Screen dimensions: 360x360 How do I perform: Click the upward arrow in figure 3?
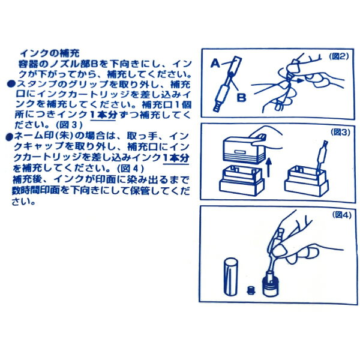(269, 166)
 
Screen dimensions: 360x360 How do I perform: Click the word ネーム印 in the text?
(35, 137)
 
